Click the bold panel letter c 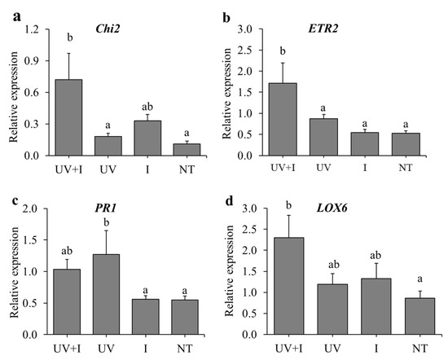pos(7,191)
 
